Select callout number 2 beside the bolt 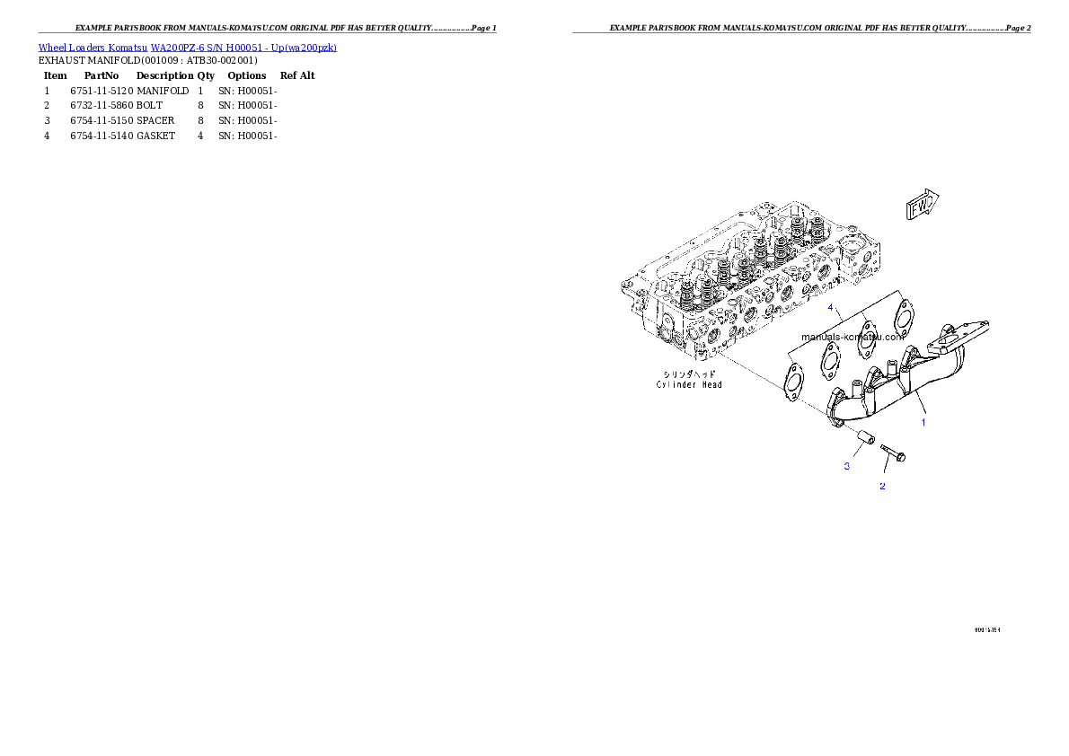coord(882,486)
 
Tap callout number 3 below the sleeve coord(846,466)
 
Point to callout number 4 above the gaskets coord(832,307)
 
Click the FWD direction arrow coord(922,206)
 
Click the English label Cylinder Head coord(689,384)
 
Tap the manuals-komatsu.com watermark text coord(852,338)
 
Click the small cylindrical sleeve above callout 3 coord(864,436)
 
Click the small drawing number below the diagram coord(986,629)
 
